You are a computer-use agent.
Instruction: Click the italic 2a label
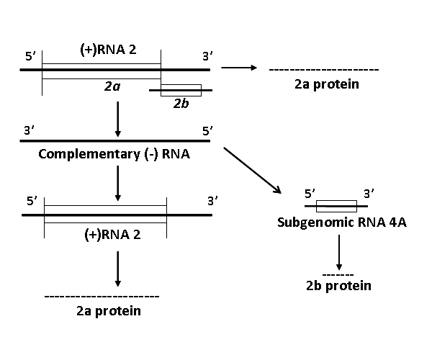111,86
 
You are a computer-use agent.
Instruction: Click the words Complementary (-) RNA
114,154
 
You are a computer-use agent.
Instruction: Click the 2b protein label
338,286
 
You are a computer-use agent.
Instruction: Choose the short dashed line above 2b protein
338,275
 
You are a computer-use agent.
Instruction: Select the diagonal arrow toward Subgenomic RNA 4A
252,170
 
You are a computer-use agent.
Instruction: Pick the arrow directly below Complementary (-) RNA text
117,183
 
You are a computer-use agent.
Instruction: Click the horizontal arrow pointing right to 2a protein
238,68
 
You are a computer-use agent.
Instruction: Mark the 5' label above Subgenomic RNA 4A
310,194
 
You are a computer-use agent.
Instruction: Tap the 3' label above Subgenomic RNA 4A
368,194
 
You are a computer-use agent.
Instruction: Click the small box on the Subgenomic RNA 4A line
336,206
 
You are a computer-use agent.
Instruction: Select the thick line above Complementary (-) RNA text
115,141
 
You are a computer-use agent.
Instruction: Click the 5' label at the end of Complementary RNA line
208,131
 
